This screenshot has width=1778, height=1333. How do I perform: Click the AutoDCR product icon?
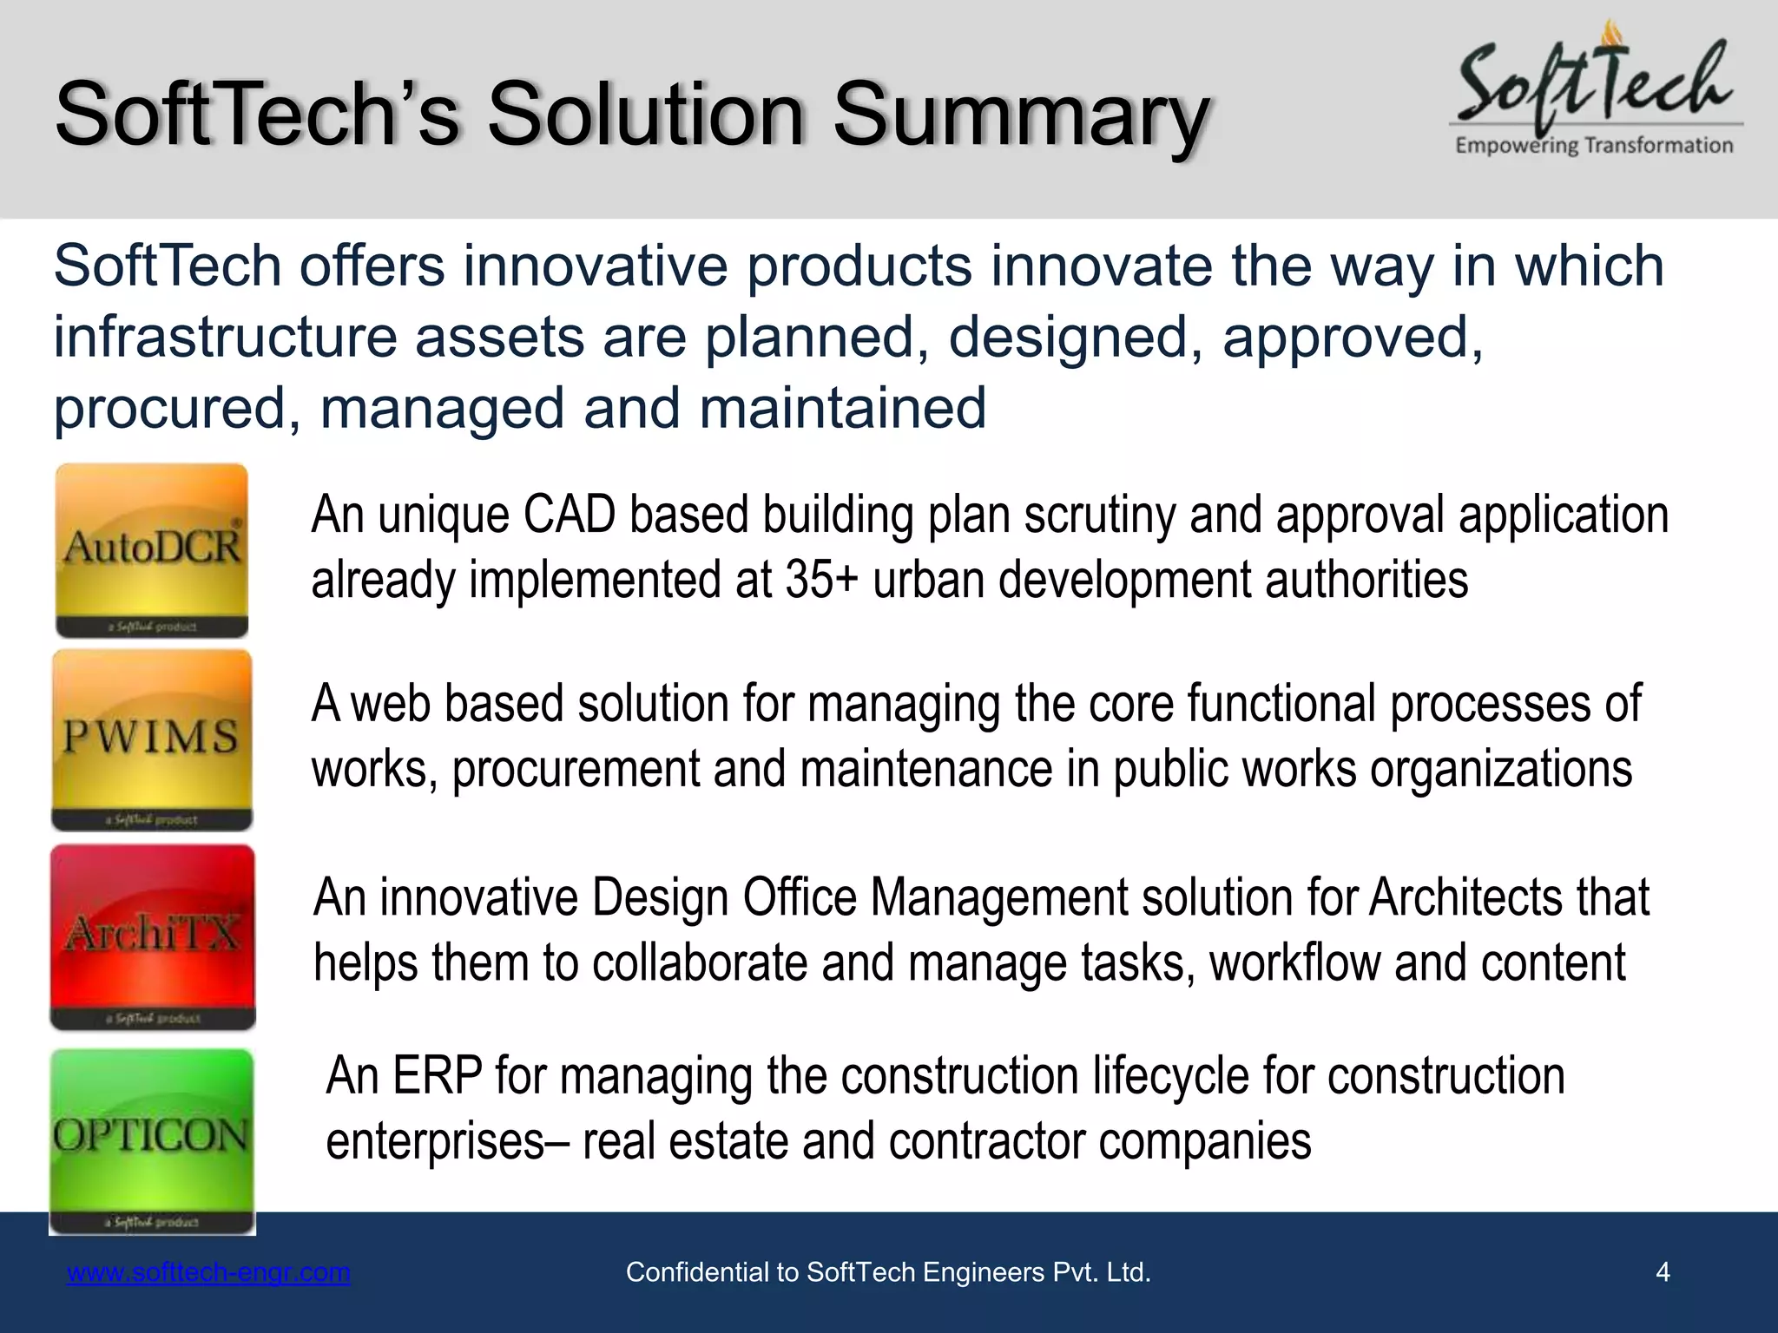[x=152, y=550]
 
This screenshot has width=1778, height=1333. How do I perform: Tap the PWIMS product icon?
[x=152, y=739]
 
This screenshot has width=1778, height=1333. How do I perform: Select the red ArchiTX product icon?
[x=153, y=937]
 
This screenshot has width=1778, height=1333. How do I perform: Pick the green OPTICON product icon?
[x=152, y=1140]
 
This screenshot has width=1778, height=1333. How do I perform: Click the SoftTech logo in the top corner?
[x=1596, y=87]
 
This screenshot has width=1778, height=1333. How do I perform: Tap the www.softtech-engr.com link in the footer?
[x=208, y=1272]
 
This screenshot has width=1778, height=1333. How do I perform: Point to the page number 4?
[x=1663, y=1272]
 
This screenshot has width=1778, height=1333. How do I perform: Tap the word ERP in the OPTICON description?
[x=437, y=1076]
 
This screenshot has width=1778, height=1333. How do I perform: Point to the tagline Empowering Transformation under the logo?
[x=1594, y=146]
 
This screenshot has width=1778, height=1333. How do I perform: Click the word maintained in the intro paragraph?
[x=842, y=408]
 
